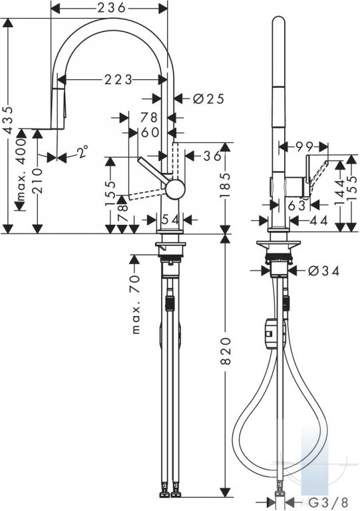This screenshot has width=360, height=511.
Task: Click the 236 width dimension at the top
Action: click(x=111, y=8)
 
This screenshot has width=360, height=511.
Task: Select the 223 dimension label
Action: click(x=118, y=80)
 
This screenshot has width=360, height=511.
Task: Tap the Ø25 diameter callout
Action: click(x=208, y=98)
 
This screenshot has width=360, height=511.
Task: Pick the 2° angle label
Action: click(x=83, y=152)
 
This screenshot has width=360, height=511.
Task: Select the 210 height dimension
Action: click(x=38, y=181)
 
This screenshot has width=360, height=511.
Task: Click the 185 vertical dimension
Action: click(x=225, y=185)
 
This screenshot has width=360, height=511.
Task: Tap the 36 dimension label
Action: click(x=212, y=156)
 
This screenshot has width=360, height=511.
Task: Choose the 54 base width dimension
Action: click(x=170, y=220)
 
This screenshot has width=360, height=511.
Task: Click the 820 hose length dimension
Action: click(x=226, y=351)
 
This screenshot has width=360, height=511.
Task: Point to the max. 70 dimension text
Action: click(x=136, y=304)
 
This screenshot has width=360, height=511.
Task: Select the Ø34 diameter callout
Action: click(x=324, y=271)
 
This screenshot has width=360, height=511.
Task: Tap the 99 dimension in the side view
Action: click(x=304, y=147)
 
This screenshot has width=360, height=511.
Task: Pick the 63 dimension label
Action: click(x=297, y=205)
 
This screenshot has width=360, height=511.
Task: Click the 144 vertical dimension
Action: click(x=340, y=192)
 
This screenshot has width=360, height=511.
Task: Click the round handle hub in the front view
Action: click(x=175, y=189)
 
